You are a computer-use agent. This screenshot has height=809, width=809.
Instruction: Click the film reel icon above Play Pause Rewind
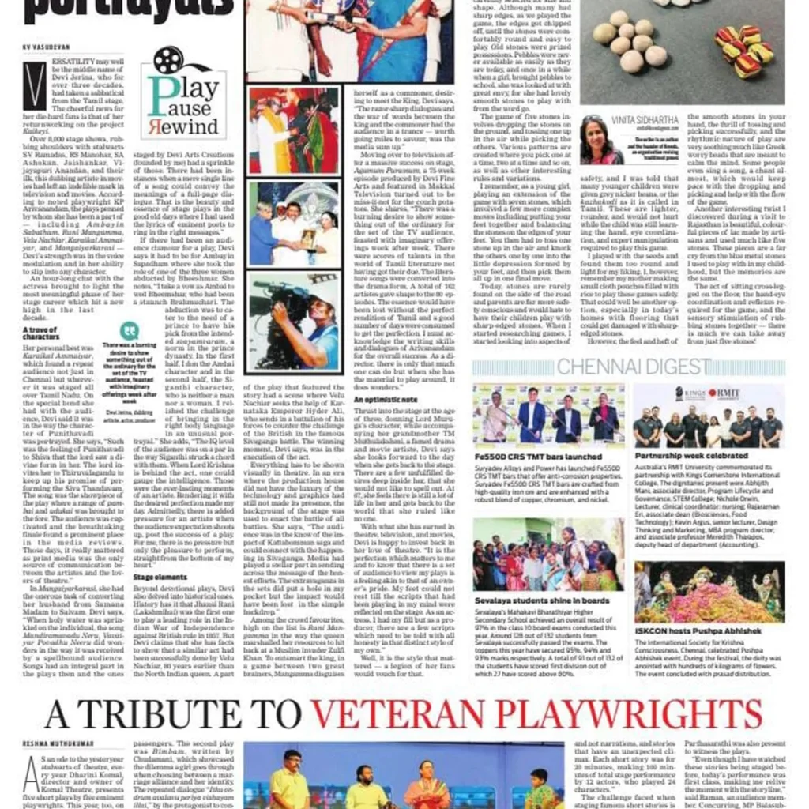coord(167,61)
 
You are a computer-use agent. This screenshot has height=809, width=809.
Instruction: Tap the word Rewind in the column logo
coord(188,126)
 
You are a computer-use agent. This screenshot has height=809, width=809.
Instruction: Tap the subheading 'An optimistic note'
coord(386,401)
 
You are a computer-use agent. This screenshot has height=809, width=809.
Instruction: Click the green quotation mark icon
coord(130,330)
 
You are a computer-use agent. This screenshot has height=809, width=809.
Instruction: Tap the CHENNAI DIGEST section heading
coord(633,366)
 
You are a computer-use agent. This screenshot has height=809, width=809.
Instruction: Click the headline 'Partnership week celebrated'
coord(692,457)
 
